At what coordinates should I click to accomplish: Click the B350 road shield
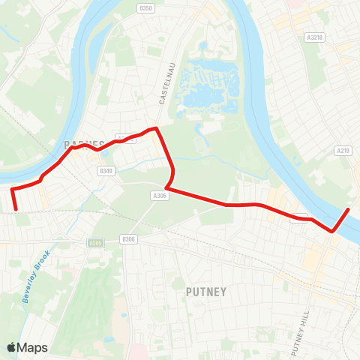pyautogui.click(x=146, y=8)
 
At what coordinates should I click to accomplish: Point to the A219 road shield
pyautogui.click(x=343, y=151)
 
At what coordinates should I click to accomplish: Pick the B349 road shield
pyautogui.click(x=106, y=171)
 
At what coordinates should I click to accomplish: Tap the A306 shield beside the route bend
pyautogui.click(x=158, y=195)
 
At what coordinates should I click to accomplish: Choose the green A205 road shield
pyautogui.click(x=95, y=243)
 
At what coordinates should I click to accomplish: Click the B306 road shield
pyautogui.click(x=128, y=239)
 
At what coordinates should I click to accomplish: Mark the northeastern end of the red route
pyautogui.click(x=349, y=208)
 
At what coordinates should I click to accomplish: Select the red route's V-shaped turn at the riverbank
pyautogui.click(x=332, y=232)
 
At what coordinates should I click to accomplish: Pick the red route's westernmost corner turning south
pyautogui.click(x=12, y=190)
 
